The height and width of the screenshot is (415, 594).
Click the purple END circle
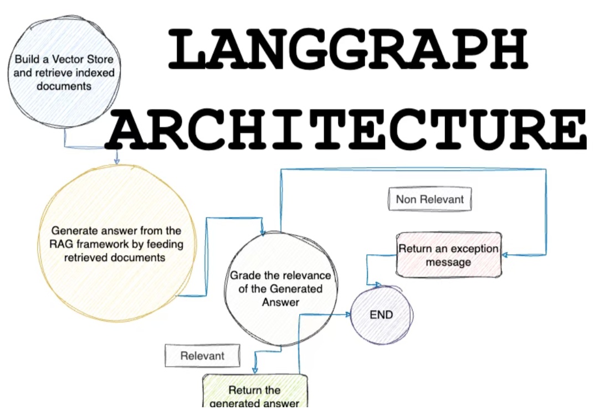pos(381,315)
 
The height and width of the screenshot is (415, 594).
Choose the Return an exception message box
pos(448,255)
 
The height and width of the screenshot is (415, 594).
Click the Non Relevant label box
pos(429,199)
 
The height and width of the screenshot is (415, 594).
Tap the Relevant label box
pos(202,356)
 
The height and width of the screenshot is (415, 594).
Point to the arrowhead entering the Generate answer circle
pos(117,161)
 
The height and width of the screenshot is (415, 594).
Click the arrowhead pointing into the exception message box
pos(505,255)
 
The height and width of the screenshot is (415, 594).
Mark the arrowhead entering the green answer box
pos(255,370)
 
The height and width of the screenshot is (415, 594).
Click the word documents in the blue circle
pos(64,86)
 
